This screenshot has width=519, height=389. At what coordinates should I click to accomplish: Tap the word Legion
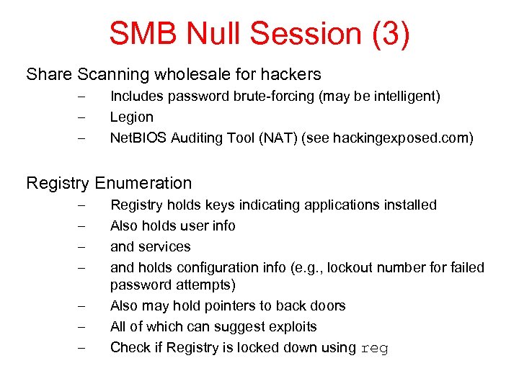click(131, 117)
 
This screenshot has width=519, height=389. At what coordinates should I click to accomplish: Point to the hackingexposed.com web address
click(393, 138)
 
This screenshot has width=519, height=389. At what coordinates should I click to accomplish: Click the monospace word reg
click(374, 349)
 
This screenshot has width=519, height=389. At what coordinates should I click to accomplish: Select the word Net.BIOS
click(138, 138)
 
